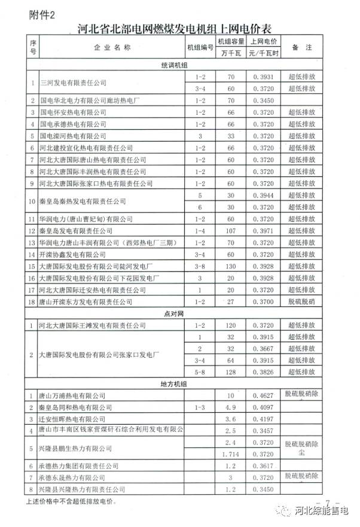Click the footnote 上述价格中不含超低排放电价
click(x=69, y=500)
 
